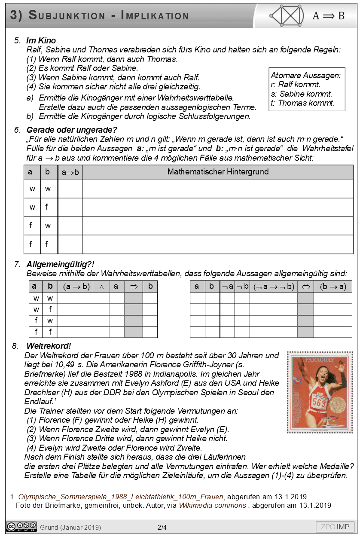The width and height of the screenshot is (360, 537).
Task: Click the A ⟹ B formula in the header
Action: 328,16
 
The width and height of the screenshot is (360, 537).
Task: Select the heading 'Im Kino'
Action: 41,41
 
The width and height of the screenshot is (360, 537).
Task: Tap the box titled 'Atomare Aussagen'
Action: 305,89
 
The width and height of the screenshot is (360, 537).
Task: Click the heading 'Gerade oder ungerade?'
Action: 72,130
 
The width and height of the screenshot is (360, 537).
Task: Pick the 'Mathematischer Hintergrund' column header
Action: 218,172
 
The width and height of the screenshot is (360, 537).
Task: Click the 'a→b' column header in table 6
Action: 70,172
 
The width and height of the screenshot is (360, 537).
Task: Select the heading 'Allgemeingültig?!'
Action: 60,264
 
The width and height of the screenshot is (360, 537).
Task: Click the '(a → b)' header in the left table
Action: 76,287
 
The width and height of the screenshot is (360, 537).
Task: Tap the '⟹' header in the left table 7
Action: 133,287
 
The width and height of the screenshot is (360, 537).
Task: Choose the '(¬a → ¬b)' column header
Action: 273,287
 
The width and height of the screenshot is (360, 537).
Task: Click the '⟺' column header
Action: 305,287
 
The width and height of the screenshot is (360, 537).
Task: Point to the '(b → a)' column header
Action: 333,287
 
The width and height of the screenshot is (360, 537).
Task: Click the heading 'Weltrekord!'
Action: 49,346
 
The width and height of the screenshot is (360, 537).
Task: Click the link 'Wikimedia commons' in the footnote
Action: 212,505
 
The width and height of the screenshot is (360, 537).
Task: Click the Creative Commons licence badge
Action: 21,527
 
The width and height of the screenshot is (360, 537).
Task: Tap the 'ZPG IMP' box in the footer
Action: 335,527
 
